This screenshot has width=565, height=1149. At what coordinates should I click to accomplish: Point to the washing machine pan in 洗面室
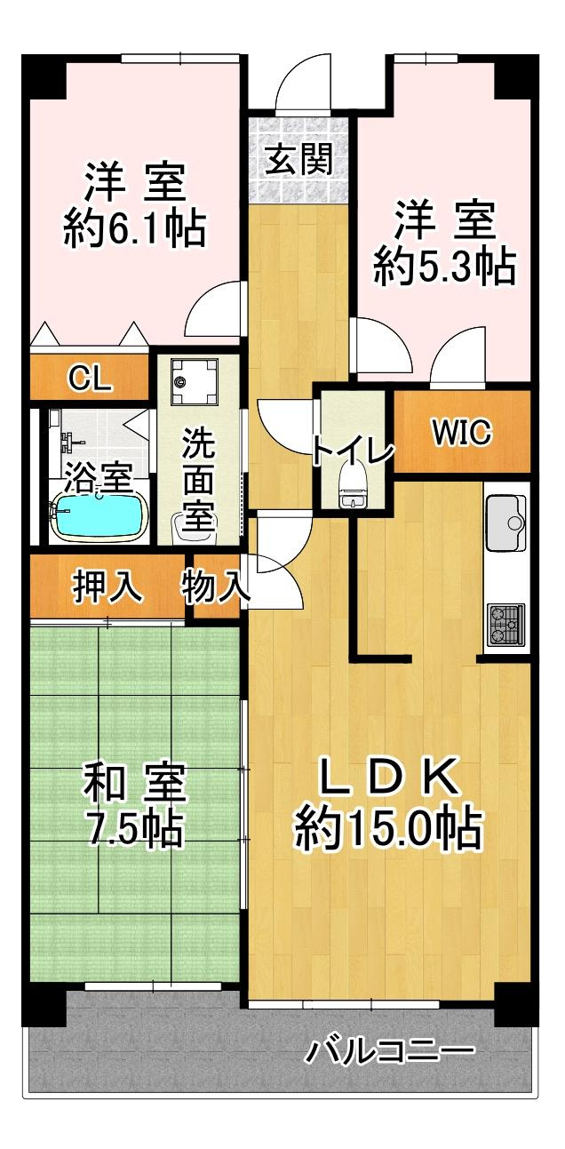click(x=195, y=381)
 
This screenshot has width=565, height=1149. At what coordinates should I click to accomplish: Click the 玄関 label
click(x=300, y=159)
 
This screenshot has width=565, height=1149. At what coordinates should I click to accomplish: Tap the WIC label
click(x=462, y=432)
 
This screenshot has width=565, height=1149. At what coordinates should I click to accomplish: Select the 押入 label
click(x=107, y=586)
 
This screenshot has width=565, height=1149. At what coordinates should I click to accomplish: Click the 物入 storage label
click(x=215, y=586)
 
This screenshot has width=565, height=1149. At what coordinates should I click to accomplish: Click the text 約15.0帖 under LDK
click(x=387, y=827)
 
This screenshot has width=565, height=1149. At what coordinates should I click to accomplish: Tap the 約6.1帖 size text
click(x=135, y=227)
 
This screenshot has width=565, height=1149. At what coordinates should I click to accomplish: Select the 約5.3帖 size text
click(x=444, y=267)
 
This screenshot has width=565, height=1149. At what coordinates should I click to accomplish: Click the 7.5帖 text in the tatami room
click(x=134, y=827)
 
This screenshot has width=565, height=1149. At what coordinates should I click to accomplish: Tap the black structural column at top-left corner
click(x=44, y=76)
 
